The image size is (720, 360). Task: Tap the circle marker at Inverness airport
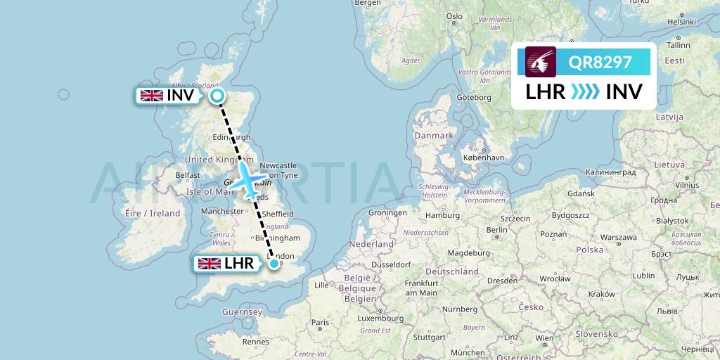(217, 96)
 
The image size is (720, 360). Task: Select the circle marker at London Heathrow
(274, 264)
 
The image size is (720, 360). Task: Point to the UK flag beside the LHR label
(209, 264)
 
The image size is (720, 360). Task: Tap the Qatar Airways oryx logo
(541, 62)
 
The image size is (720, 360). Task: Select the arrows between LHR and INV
(585, 92)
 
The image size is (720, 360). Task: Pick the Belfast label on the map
(188, 175)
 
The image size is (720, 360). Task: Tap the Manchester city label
(221, 210)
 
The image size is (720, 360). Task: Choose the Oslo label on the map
(454, 15)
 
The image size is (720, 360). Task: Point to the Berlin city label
(496, 229)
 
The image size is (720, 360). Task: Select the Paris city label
(320, 322)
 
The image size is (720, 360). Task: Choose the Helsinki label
(681, 22)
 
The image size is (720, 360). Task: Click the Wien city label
(544, 337)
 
